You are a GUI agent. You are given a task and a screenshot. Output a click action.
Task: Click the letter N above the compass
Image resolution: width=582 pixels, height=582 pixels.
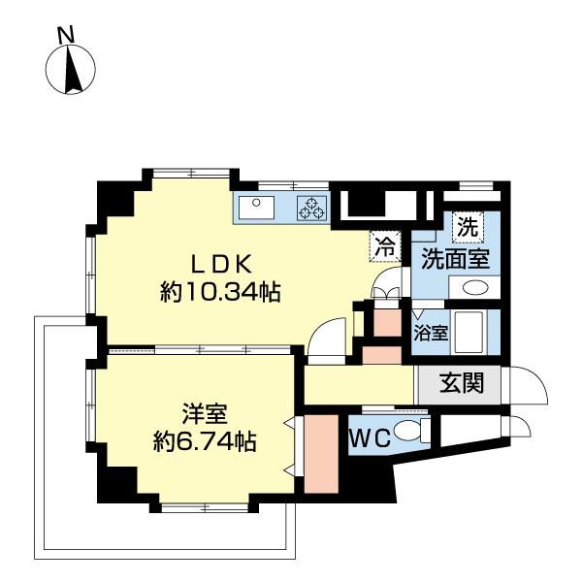pos(66,35)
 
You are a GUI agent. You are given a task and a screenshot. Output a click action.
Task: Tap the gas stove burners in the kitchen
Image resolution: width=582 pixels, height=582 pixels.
pos(311,208)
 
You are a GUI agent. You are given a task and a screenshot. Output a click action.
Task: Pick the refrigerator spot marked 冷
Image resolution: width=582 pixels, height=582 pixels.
pos(386,246)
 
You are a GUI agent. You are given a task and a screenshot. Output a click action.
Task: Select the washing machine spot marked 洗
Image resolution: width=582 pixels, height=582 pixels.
pos(468,229)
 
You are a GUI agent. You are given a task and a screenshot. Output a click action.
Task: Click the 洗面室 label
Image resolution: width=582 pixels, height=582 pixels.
pos(453,260)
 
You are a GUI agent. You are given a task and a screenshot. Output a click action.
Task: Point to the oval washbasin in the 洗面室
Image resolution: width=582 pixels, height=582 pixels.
pos(475,288)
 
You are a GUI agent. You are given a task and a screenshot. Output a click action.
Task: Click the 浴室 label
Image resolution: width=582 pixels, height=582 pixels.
pos(431,334)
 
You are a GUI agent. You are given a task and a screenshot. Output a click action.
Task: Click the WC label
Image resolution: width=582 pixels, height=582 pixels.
pos(371,438)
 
